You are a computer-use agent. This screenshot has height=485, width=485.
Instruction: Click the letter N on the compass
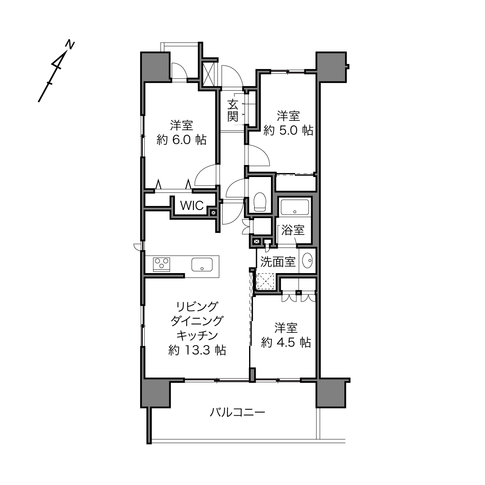[70, 45]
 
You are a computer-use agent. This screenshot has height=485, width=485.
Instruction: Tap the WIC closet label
[192, 206]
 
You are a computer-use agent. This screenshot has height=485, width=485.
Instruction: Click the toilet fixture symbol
[260, 202]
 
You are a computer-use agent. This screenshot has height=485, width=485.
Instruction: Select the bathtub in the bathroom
[294, 207]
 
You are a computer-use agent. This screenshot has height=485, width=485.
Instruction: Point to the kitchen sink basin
[202, 265]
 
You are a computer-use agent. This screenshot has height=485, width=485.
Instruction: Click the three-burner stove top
[161, 265]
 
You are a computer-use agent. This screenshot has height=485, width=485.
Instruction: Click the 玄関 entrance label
[232, 111]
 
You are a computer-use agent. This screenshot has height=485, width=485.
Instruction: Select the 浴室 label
[293, 230]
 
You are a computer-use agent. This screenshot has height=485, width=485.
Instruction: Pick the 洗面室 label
[278, 262]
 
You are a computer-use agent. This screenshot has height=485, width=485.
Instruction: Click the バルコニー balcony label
[237, 413]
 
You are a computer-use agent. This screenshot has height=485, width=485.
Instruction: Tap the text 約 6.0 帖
[181, 140]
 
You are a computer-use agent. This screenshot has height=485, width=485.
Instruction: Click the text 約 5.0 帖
[289, 131]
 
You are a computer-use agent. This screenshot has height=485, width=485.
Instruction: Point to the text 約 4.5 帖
[286, 342]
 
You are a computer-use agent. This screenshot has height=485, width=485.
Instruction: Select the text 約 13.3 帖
[197, 350]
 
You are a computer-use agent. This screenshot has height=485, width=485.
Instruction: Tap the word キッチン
[197, 335]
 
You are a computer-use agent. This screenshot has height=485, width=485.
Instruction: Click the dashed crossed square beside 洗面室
[265, 282]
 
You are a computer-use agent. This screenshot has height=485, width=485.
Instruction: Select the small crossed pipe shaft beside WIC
[213, 213]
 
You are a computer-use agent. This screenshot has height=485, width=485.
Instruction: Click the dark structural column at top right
[331, 67]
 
